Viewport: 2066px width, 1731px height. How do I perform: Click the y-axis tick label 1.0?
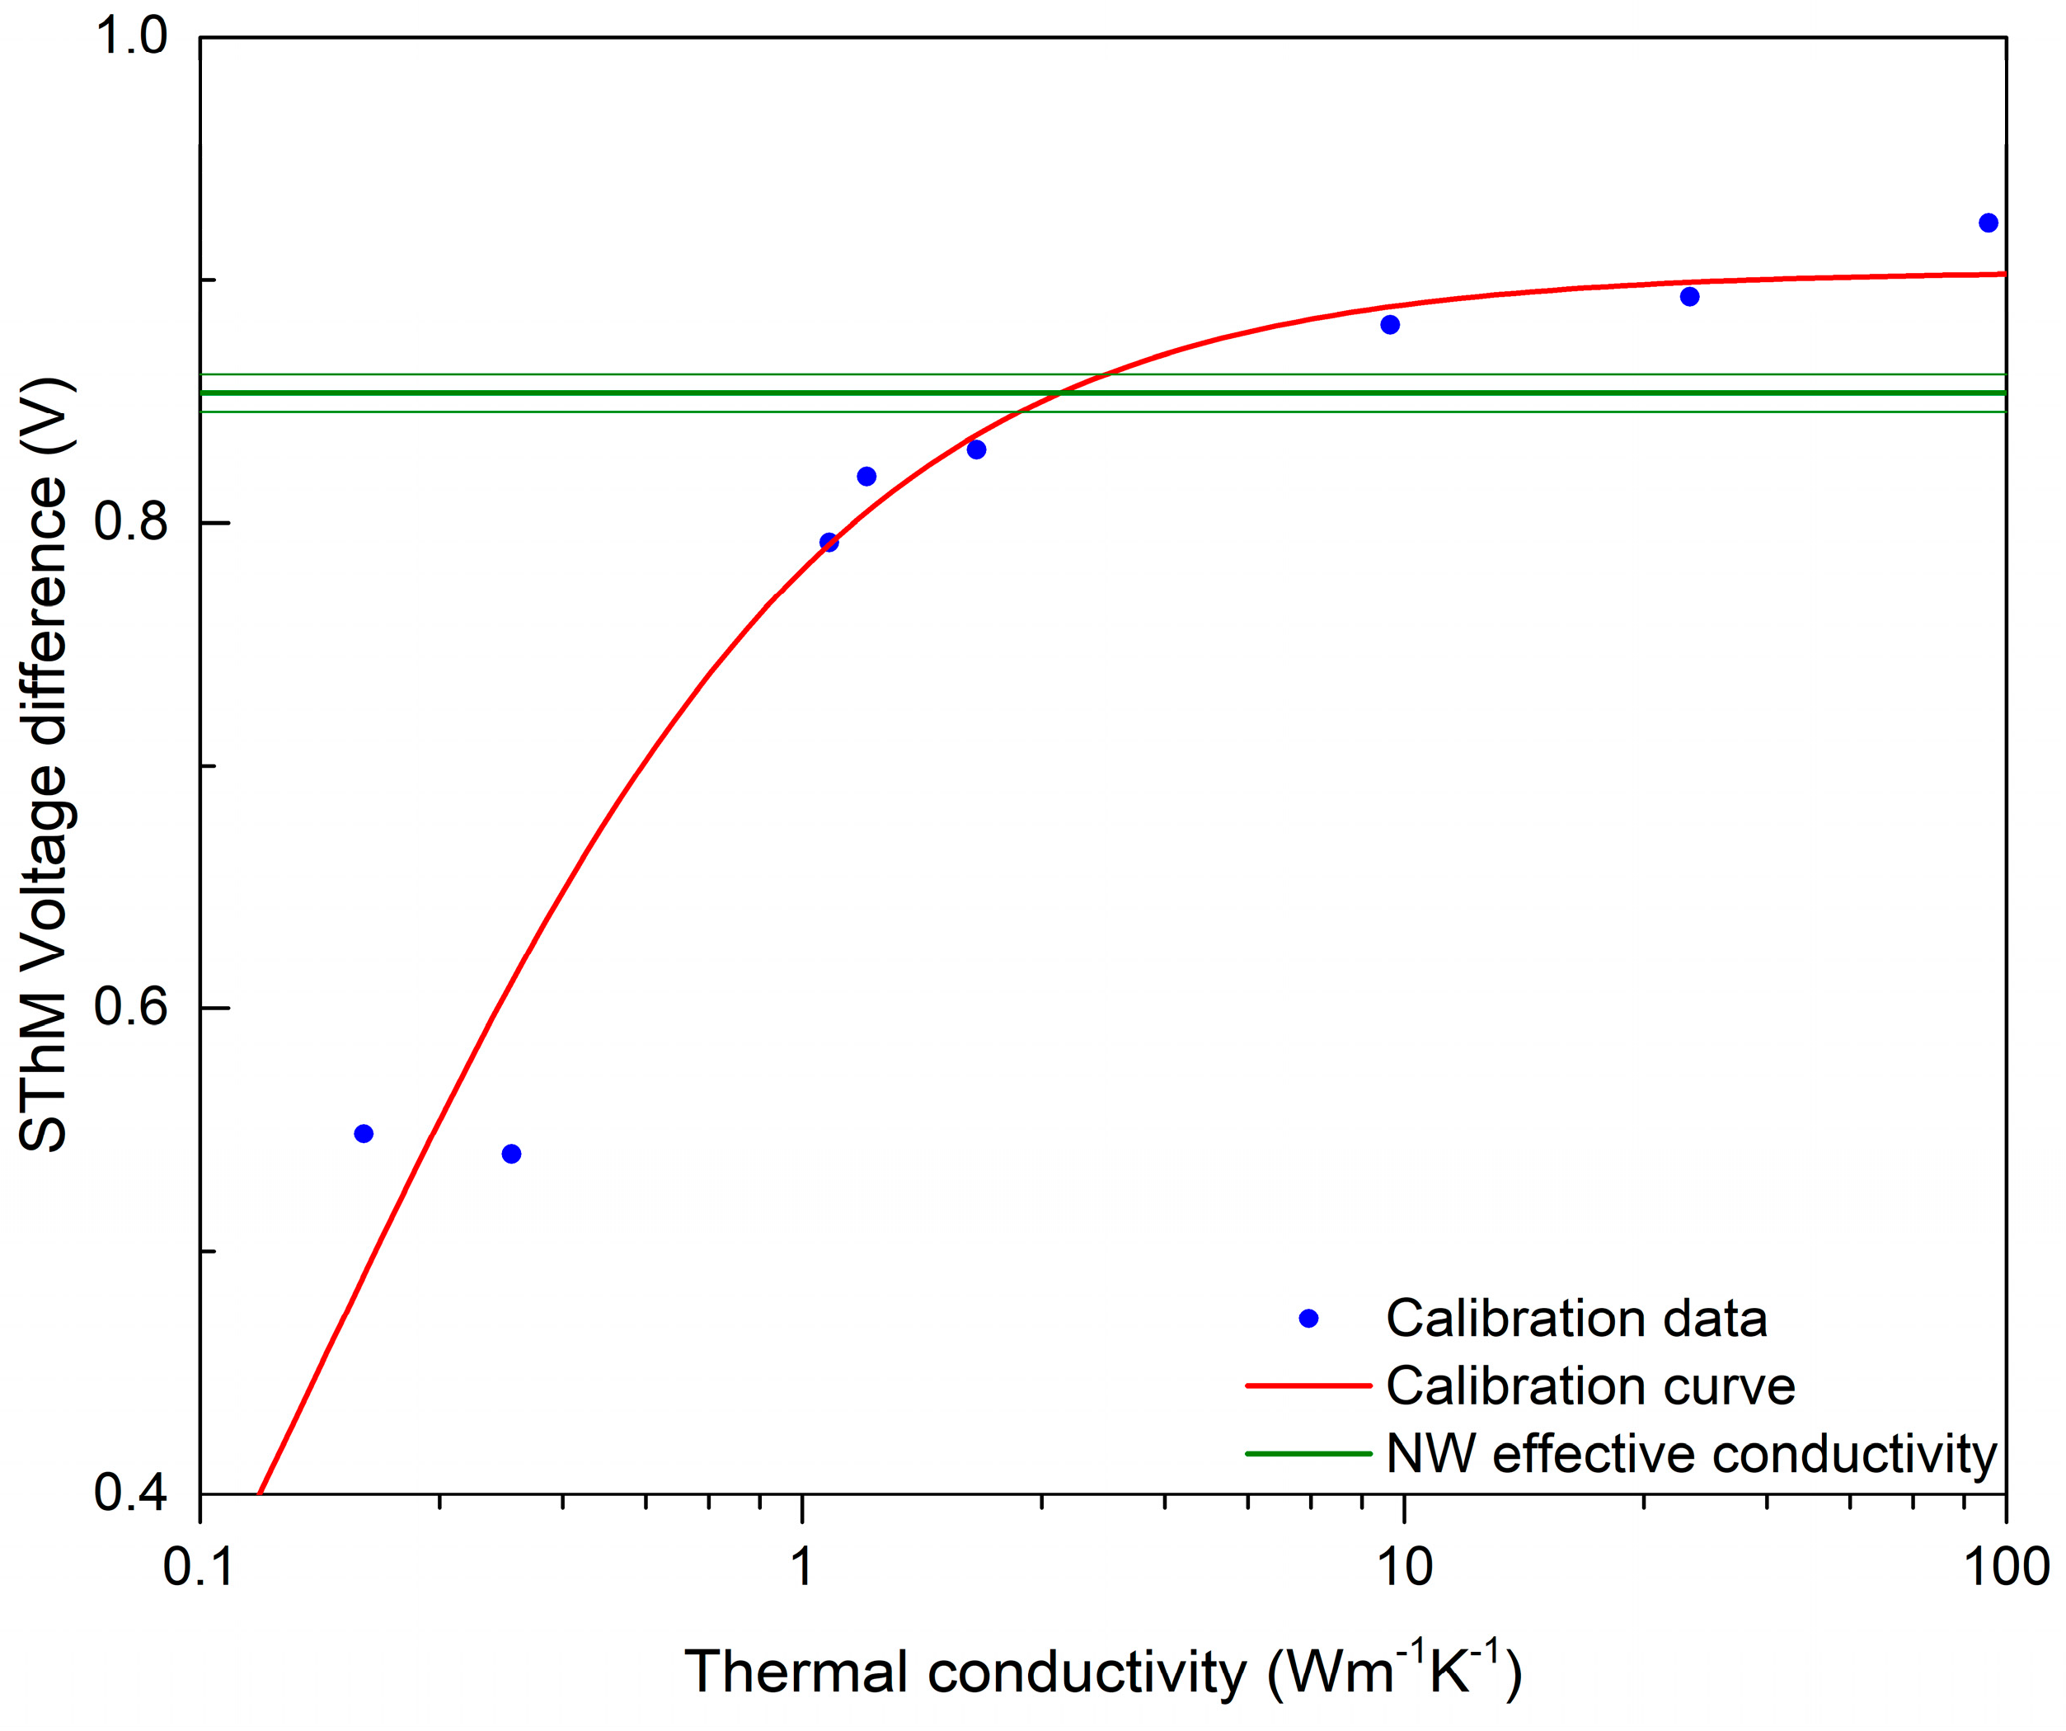(132, 36)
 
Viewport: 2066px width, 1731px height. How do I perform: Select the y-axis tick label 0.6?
(132, 1007)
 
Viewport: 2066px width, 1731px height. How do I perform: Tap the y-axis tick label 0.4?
(132, 1492)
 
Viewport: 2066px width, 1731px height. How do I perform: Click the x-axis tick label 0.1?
(200, 1567)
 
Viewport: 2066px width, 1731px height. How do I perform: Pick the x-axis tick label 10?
(1404, 1567)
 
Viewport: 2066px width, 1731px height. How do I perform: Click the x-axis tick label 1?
(802, 1567)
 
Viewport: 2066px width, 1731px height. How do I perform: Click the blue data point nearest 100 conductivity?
(1989, 223)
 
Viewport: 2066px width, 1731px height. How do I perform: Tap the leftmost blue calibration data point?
(363, 1134)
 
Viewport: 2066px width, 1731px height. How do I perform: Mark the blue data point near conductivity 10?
(1390, 325)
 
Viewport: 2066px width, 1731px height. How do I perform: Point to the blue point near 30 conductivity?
(1689, 297)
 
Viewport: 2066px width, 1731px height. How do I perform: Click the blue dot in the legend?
(1308, 1319)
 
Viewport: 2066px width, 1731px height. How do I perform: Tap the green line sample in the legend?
(1308, 1453)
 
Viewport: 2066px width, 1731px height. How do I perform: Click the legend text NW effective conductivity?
(1691, 1453)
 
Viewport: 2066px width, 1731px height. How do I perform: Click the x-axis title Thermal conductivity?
(1102, 1672)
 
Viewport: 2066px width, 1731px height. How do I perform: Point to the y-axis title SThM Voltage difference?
(45, 764)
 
